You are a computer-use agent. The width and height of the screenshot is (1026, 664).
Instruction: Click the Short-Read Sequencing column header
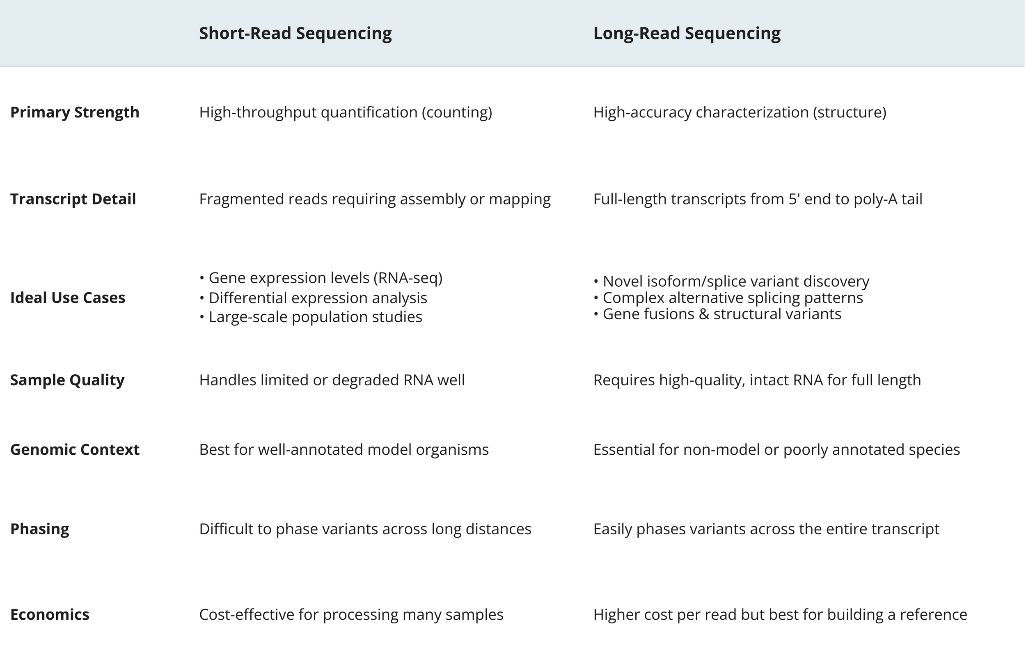(295, 34)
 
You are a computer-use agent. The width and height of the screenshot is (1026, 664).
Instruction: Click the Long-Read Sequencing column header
(687, 34)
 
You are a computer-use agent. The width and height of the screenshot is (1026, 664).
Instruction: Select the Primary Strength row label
(75, 112)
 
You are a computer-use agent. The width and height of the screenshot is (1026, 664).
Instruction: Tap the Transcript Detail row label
(73, 199)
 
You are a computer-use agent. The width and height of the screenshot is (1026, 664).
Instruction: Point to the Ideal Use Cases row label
(68, 298)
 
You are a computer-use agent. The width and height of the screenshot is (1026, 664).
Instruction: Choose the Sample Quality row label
(67, 380)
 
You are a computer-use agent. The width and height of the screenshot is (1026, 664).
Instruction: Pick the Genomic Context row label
(75, 450)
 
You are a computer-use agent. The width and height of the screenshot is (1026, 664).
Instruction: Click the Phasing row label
(40, 529)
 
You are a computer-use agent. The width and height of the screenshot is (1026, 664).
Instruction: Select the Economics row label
(50, 614)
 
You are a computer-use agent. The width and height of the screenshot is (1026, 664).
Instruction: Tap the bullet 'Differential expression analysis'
(318, 298)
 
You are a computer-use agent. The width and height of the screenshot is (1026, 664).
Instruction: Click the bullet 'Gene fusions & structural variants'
(721, 314)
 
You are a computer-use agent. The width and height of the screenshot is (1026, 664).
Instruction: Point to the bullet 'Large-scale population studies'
(315, 317)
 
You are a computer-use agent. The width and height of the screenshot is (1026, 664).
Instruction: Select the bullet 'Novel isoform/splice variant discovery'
(736, 282)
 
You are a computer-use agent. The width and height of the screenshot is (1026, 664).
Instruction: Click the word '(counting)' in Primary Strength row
(457, 112)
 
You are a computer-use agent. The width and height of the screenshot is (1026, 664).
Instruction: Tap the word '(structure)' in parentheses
(850, 112)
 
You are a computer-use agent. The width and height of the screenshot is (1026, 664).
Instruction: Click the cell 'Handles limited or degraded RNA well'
(332, 380)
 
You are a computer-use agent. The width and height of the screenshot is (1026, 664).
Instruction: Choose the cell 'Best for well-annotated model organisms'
(344, 450)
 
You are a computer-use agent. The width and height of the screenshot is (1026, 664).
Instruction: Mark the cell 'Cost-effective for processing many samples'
(351, 614)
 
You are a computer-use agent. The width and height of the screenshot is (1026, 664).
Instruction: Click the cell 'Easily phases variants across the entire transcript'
(766, 529)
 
